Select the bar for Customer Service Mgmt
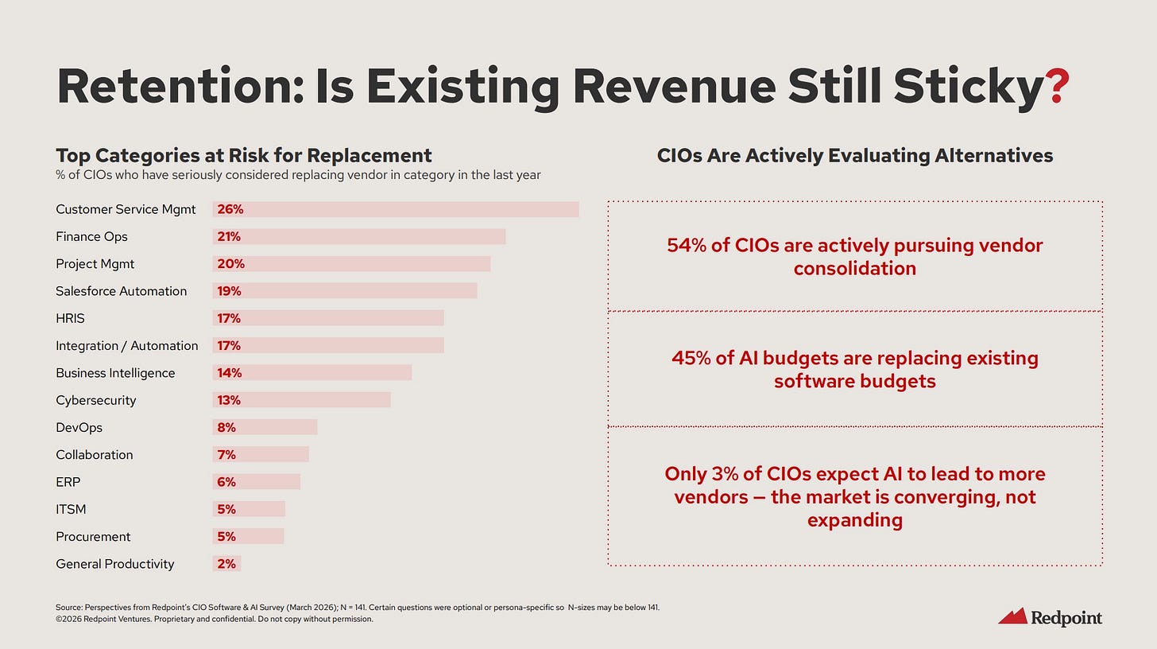pos(396,209)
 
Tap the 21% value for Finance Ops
pos(229,236)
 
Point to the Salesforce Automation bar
pos(345,291)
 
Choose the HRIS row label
pos(70,318)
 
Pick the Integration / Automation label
pos(126,345)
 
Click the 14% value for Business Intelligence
pos(229,373)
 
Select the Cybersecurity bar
pos(302,400)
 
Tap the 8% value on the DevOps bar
pos(226,427)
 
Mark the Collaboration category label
pos(94,455)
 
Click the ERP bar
pos(257,482)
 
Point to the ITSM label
pos(71,509)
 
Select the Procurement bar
pos(248,537)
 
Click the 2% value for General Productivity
pos(226,564)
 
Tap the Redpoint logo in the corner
pos(1050,616)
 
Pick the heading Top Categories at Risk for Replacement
pos(243,155)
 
